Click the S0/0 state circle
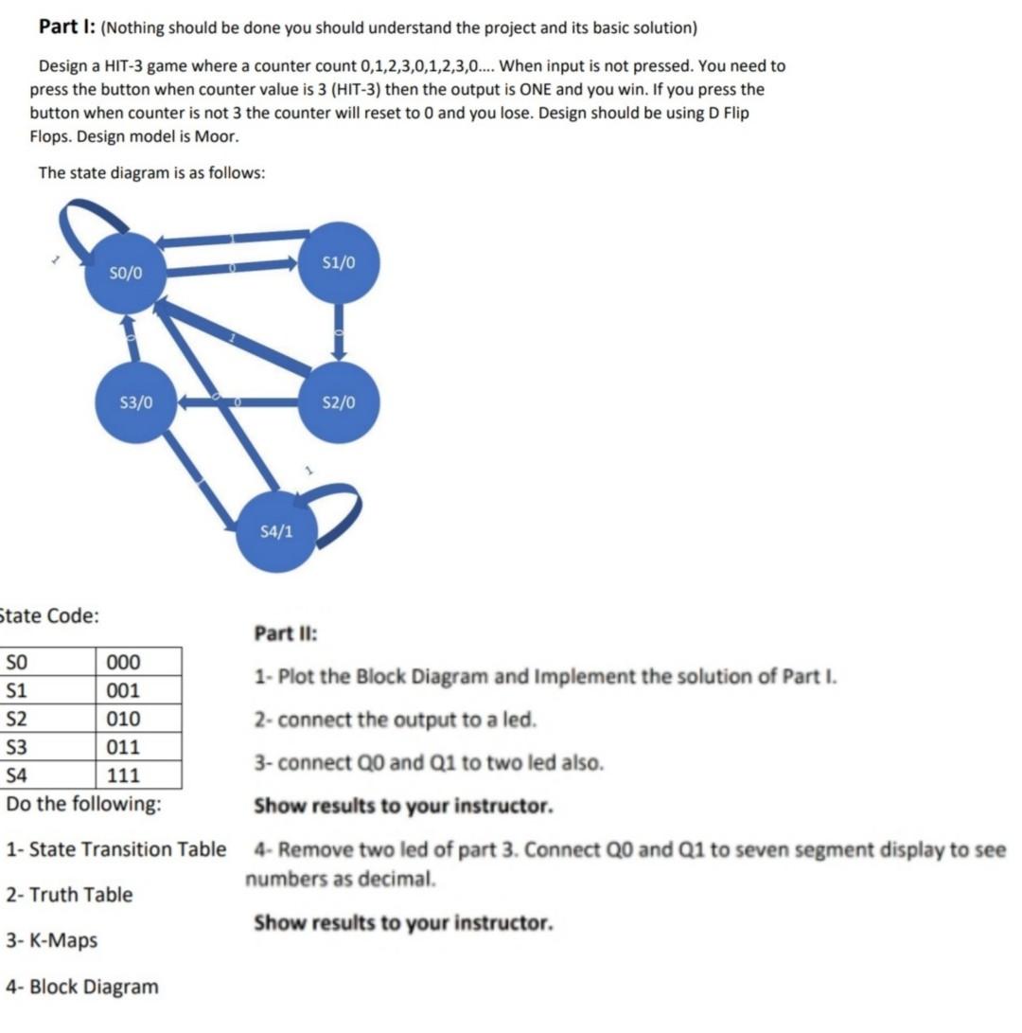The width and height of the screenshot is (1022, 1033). (x=126, y=273)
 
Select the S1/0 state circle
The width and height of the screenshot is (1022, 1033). (x=340, y=262)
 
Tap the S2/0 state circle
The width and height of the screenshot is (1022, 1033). (x=340, y=402)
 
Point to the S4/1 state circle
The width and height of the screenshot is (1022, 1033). (x=275, y=531)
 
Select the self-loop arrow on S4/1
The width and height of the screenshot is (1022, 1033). (x=337, y=511)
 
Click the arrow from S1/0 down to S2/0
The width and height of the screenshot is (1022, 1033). (x=340, y=332)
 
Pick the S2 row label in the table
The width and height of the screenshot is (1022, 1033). (x=18, y=719)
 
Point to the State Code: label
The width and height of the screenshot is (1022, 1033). (x=49, y=615)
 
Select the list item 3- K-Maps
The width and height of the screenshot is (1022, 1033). (x=52, y=940)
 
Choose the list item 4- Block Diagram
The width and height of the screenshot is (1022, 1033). (x=82, y=987)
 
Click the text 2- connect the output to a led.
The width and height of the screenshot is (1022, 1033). (x=395, y=720)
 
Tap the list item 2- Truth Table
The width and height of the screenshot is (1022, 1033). (x=69, y=895)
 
